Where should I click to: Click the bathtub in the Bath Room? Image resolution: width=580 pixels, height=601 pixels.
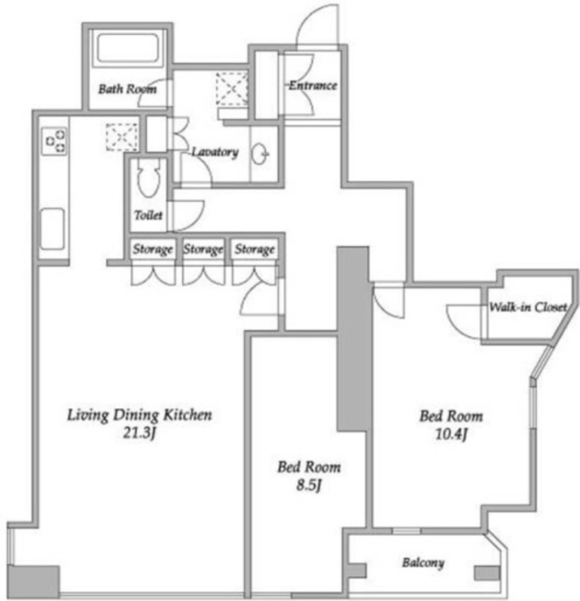128,49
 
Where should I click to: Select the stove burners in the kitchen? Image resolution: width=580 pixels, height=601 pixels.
55,141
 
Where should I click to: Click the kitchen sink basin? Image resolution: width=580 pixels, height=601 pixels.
52,229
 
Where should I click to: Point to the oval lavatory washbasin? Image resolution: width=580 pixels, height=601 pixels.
260,154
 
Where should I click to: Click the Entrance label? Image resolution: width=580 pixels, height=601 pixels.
313,85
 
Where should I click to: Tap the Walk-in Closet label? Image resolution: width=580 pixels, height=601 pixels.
528,306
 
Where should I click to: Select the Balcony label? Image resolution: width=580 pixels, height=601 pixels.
423,563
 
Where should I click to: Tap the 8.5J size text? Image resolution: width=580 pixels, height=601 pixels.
309,485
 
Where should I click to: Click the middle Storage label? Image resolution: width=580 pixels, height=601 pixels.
203,249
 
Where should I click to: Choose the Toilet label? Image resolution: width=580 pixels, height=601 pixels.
149,215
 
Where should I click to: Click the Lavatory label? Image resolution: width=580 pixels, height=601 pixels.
215,152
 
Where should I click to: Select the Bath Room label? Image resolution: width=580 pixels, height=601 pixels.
127,89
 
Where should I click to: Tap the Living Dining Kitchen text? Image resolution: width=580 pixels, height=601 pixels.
140,415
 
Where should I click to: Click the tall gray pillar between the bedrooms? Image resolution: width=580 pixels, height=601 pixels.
353,339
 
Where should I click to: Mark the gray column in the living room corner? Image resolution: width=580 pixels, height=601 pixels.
33,581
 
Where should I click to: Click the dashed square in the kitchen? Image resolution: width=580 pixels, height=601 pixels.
122,137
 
